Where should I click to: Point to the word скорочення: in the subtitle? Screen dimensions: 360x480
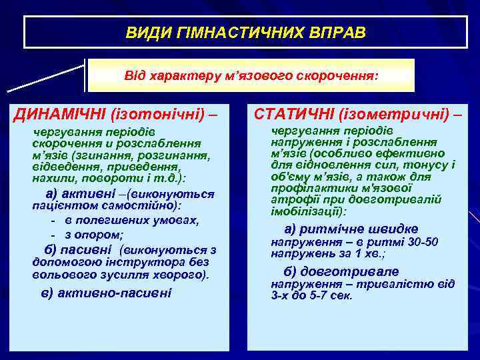[337, 76]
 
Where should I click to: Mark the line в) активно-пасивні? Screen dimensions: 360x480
[106, 293]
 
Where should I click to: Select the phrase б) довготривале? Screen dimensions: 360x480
[341, 271]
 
